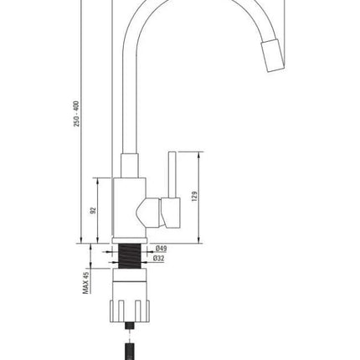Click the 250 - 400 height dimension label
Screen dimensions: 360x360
coord(77,114)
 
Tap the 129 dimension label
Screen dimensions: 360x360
coord(195,196)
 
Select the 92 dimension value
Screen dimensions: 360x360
coord(94,210)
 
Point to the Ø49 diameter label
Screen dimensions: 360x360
coord(162,249)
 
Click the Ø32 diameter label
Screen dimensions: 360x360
coord(158,259)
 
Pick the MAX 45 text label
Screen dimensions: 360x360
coord(86,283)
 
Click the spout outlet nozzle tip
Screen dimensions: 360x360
coord(273,56)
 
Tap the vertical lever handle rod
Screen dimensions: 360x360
coord(172,175)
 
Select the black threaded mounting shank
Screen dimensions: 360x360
coord(130,256)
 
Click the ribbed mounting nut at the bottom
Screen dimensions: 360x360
coord(130,311)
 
